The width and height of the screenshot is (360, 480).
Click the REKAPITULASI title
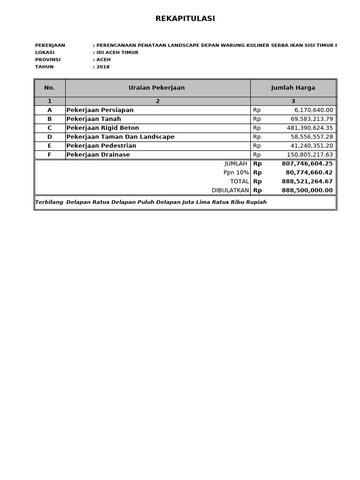pyautogui.click(x=185, y=19)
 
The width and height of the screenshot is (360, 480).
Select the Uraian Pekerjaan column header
pyautogui.click(x=157, y=88)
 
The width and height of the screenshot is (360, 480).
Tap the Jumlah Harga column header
pyautogui.click(x=293, y=88)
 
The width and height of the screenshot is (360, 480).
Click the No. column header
pyautogui.click(x=50, y=88)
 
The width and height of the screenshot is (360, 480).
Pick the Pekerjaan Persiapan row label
pyautogui.click(x=100, y=110)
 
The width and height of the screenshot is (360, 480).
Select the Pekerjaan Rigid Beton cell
pyautogui.click(x=103, y=128)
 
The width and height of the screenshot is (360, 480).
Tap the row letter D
pyautogui.click(x=50, y=137)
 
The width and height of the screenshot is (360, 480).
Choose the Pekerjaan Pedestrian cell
pyautogui.click(x=101, y=146)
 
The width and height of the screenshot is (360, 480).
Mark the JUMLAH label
pyautogui.click(x=236, y=164)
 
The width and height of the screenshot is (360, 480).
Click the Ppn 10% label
pyautogui.click(x=236, y=172)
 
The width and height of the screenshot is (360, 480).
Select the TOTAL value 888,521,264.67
pyautogui.click(x=307, y=181)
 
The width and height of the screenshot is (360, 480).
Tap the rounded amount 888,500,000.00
pyautogui.click(x=307, y=190)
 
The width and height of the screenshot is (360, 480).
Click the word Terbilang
pyautogui.click(x=49, y=202)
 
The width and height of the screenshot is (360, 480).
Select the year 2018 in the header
pyautogui.click(x=103, y=67)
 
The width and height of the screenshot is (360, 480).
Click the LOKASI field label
pyautogui.click(x=45, y=52)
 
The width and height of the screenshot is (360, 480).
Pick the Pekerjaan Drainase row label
pyautogui.click(x=98, y=155)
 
